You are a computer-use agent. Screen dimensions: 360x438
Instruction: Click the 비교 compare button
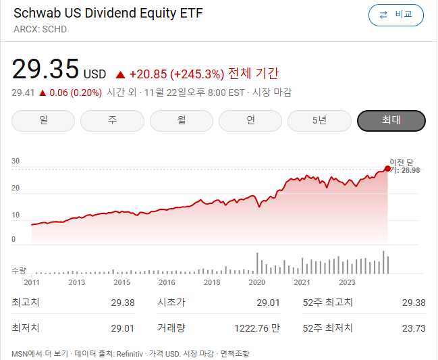pyautogui.click(x=396, y=15)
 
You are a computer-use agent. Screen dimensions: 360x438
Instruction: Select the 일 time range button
pyautogui.click(x=45, y=120)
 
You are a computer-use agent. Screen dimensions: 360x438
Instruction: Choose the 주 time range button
pyautogui.click(x=113, y=120)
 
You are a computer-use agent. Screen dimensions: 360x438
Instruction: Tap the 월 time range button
pyautogui.click(x=182, y=120)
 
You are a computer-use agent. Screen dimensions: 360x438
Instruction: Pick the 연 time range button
pyautogui.click(x=251, y=120)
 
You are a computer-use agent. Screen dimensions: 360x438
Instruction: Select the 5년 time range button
pyautogui.click(x=320, y=120)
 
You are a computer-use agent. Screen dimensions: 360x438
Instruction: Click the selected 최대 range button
pyautogui.click(x=391, y=120)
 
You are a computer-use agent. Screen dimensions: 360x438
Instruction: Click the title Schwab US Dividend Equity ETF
pyautogui.click(x=108, y=14)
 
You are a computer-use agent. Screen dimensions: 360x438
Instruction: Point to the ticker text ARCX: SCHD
pyautogui.click(x=40, y=30)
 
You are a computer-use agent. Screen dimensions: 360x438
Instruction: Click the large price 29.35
pyautogui.click(x=45, y=70)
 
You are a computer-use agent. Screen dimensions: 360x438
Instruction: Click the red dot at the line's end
pyautogui.click(x=387, y=169)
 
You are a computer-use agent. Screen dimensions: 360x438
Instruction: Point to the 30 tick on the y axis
pyautogui.click(x=16, y=161)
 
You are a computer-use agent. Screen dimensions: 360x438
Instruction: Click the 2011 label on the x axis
pyautogui.click(x=32, y=282)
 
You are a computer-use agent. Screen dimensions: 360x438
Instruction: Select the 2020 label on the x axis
pyautogui.click(x=256, y=282)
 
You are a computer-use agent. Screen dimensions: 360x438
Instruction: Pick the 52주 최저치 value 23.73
pyautogui.click(x=413, y=328)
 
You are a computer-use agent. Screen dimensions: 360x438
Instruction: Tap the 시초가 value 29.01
pyautogui.click(x=268, y=303)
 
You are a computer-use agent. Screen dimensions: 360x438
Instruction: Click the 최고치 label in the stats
pyautogui.click(x=26, y=303)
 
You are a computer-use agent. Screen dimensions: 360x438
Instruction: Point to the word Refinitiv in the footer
pyautogui.click(x=130, y=353)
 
